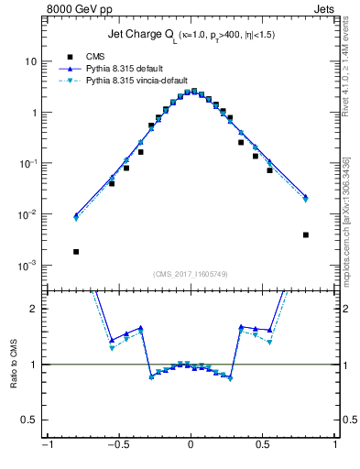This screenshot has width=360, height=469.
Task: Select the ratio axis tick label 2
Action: pos(33,309)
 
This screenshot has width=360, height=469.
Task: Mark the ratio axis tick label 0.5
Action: pos(29,420)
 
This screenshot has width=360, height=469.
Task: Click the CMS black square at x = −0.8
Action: pos(76,251)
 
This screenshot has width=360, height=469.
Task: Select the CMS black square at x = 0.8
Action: pos(305,234)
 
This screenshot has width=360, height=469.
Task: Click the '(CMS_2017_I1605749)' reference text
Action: pos(190,275)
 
